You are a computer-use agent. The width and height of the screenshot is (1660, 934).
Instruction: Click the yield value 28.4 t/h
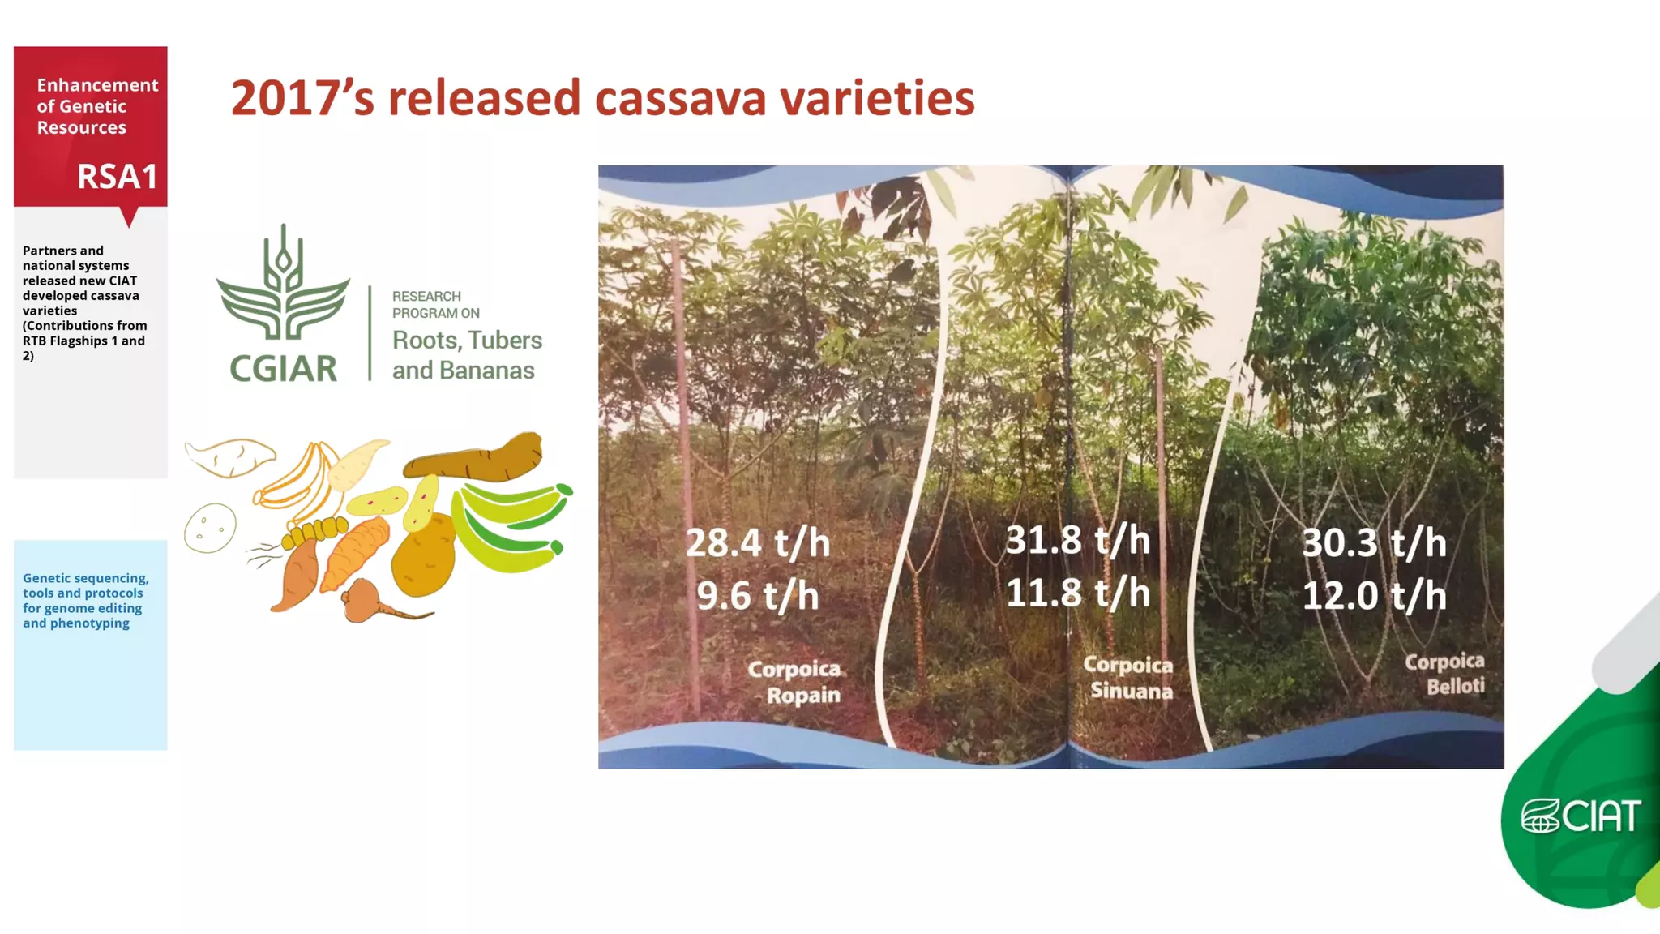758,543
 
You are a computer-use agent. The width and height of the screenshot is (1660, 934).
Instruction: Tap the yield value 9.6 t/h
758,596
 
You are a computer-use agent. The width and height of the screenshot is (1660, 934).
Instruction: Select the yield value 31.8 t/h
1077,540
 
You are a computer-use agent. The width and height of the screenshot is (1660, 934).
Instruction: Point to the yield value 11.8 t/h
1077,593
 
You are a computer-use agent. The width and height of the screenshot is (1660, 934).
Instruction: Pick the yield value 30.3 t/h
1374,543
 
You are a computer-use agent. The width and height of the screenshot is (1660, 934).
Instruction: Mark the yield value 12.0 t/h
1374,596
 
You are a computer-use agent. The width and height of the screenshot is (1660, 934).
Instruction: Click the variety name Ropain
802,696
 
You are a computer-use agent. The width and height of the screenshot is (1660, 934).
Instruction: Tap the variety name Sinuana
1131,691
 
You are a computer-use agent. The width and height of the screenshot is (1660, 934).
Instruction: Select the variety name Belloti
1455,687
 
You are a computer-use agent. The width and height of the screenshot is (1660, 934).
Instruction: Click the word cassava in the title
680,99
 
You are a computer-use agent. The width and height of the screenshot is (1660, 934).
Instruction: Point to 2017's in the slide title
302,99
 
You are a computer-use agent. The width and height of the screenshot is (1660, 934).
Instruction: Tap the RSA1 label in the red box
117,177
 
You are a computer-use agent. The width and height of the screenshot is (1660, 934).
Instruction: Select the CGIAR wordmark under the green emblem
283,369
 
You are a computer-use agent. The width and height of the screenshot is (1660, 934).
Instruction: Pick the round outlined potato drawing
210,528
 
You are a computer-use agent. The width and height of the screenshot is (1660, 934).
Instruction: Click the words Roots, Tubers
467,341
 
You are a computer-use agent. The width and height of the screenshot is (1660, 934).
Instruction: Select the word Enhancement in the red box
97,85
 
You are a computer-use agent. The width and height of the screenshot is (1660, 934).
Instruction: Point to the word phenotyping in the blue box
89,623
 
